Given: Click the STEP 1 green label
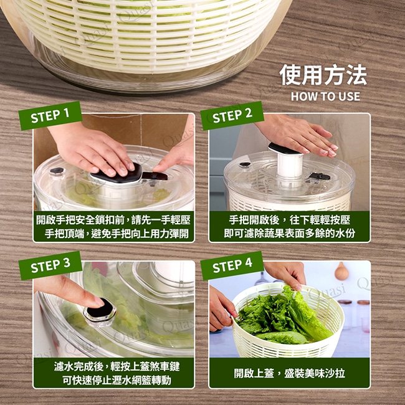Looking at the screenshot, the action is click(x=50, y=115).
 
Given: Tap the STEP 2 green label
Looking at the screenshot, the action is click(x=232, y=115).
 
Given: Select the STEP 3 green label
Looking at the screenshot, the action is click(x=50, y=265).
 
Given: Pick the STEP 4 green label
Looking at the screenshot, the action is click(x=232, y=265).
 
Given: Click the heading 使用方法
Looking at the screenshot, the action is click(x=323, y=75).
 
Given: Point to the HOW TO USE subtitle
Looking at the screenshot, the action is click(x=325, y=97).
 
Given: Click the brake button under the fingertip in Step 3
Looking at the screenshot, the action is click(x=100, y=312).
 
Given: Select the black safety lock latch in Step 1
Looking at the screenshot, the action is click(x=155, y=176).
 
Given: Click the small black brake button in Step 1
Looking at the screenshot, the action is click(x=57, y=171).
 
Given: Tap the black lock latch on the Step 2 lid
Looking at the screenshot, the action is click(x=320, y=176).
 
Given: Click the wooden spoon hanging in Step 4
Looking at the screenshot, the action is click(x=341, y=272).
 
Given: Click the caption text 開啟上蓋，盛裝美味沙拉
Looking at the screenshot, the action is click(x=289, y=373).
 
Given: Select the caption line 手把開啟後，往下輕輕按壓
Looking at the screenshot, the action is click(x=290, y=220).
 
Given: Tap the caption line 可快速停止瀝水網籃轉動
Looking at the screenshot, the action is click(x=117, y=380).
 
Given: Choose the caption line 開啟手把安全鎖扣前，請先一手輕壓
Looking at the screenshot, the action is click(x=113, y=220).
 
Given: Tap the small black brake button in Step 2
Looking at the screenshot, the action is click(x=245, y=164).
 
